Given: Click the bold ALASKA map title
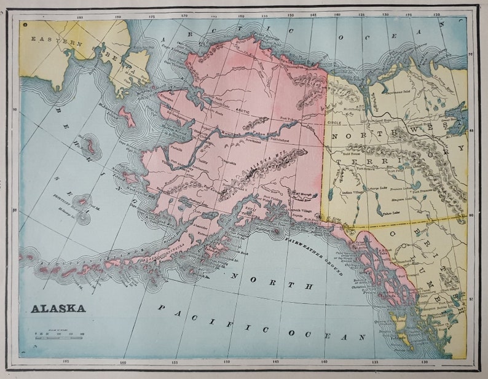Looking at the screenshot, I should (x=58, y=308).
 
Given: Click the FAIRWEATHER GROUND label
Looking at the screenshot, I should (x=313, y=256).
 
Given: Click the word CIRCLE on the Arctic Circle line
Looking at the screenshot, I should (x=334, y=122).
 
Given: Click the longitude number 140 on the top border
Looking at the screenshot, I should (x=337, y=13).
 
